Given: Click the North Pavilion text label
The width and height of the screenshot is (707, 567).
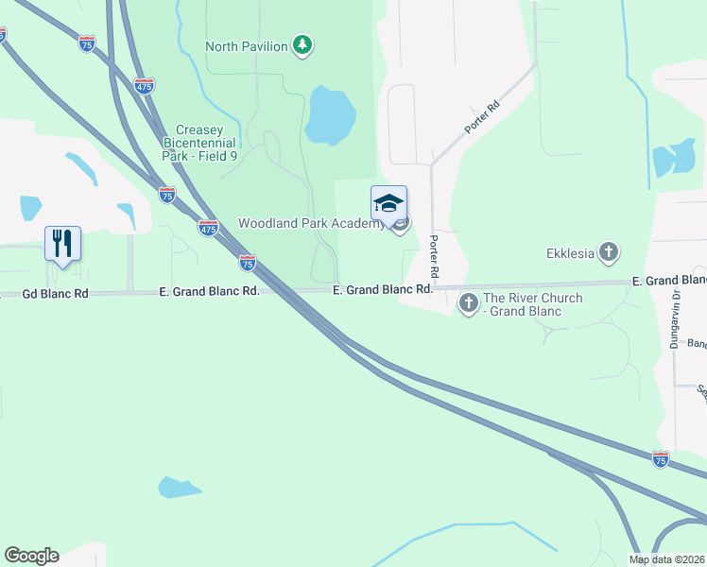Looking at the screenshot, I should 247,46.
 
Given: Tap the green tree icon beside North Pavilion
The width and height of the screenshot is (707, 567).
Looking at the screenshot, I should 302,45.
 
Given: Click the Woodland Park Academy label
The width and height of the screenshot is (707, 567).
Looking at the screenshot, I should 311,224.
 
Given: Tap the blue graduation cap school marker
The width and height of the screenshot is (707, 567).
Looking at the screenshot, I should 389,203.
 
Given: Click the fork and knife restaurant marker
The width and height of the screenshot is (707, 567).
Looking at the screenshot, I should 62,243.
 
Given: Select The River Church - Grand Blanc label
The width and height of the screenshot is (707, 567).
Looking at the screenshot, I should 533,304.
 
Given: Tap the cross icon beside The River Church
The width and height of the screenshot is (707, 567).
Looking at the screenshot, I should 468,303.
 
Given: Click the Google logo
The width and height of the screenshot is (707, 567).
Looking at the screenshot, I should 31,556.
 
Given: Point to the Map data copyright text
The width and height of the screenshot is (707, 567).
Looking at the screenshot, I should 667,559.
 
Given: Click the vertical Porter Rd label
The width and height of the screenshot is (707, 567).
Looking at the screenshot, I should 435,255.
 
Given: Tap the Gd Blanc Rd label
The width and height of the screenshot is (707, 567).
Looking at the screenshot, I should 55,294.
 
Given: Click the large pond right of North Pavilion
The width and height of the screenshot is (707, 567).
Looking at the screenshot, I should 330,114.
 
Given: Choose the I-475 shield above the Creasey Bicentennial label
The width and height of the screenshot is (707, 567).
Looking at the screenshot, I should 144,86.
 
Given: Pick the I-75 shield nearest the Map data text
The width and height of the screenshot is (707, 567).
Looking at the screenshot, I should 661,458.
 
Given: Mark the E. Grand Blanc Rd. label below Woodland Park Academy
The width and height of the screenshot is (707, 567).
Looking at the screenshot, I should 383,290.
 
